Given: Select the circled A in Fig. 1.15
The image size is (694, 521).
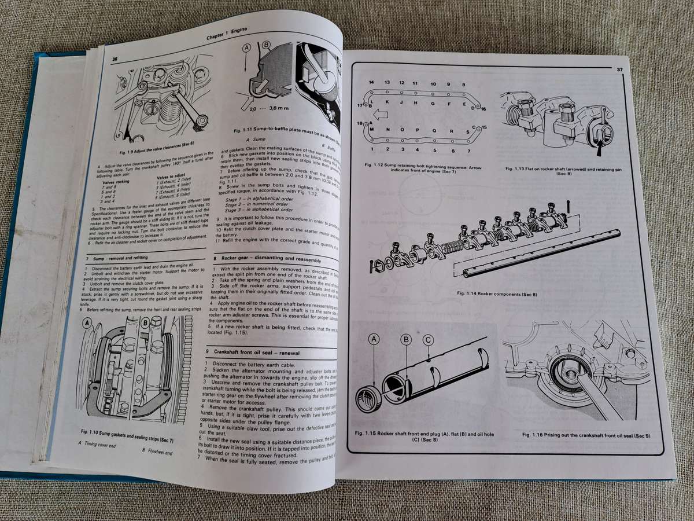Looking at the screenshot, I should click(x=374, y=342).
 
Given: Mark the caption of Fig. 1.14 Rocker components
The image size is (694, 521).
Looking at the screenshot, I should click(x=497, y=294).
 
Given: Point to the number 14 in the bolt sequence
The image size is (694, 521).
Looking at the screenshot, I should click(x=371, y=82).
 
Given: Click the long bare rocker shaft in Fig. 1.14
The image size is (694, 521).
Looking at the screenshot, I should click(x=538, y=252).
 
